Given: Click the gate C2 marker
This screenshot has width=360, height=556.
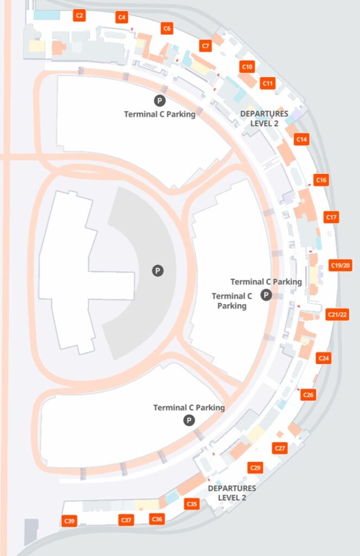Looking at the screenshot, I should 80,16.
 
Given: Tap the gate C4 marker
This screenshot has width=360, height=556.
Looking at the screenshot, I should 122,18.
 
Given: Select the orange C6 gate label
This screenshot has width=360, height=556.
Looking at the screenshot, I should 167,29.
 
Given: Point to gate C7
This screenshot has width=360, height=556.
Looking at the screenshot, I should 206,46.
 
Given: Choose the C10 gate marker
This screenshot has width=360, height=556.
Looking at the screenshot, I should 247,67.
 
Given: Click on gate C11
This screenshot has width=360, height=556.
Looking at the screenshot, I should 268,84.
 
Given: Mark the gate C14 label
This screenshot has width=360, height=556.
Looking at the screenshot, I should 302,140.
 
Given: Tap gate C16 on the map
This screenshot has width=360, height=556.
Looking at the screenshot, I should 321,180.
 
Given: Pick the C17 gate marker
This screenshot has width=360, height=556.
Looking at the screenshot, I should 332,217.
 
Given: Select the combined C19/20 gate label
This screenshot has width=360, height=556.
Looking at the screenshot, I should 341,266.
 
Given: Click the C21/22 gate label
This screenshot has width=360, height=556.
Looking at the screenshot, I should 337,315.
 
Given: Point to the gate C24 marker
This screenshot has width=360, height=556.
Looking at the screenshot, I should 324,358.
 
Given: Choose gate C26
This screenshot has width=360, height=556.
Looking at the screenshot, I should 308,395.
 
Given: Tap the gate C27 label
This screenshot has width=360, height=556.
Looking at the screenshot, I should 280,448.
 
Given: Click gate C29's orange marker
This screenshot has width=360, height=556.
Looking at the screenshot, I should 255,467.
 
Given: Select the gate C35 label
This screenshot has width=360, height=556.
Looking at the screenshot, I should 192,504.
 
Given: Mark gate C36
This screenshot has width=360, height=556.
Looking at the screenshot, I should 157,519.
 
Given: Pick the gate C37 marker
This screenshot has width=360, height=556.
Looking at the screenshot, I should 127,520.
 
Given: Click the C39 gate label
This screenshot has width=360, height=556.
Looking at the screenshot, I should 70,521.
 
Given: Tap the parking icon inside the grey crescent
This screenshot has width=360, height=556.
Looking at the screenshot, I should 157,270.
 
